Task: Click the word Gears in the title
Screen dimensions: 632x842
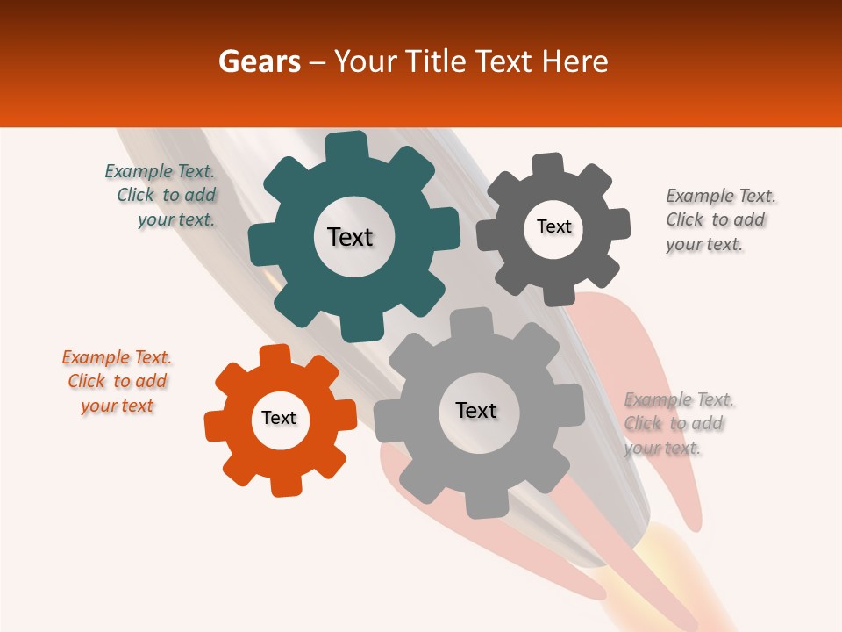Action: (x=258, y=62)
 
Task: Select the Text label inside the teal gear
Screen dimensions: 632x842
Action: (x=350, y=237)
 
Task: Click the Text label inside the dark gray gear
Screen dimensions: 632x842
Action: (x=553, y=226)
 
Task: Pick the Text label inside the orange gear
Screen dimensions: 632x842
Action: (x=279, y=418)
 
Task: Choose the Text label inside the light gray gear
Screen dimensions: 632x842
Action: (x=476, y=410)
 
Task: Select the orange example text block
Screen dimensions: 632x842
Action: (x=117, y=382)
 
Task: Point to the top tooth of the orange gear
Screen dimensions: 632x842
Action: (x=275, y=356)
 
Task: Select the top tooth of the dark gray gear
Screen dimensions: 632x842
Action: (x=548, y=165)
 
